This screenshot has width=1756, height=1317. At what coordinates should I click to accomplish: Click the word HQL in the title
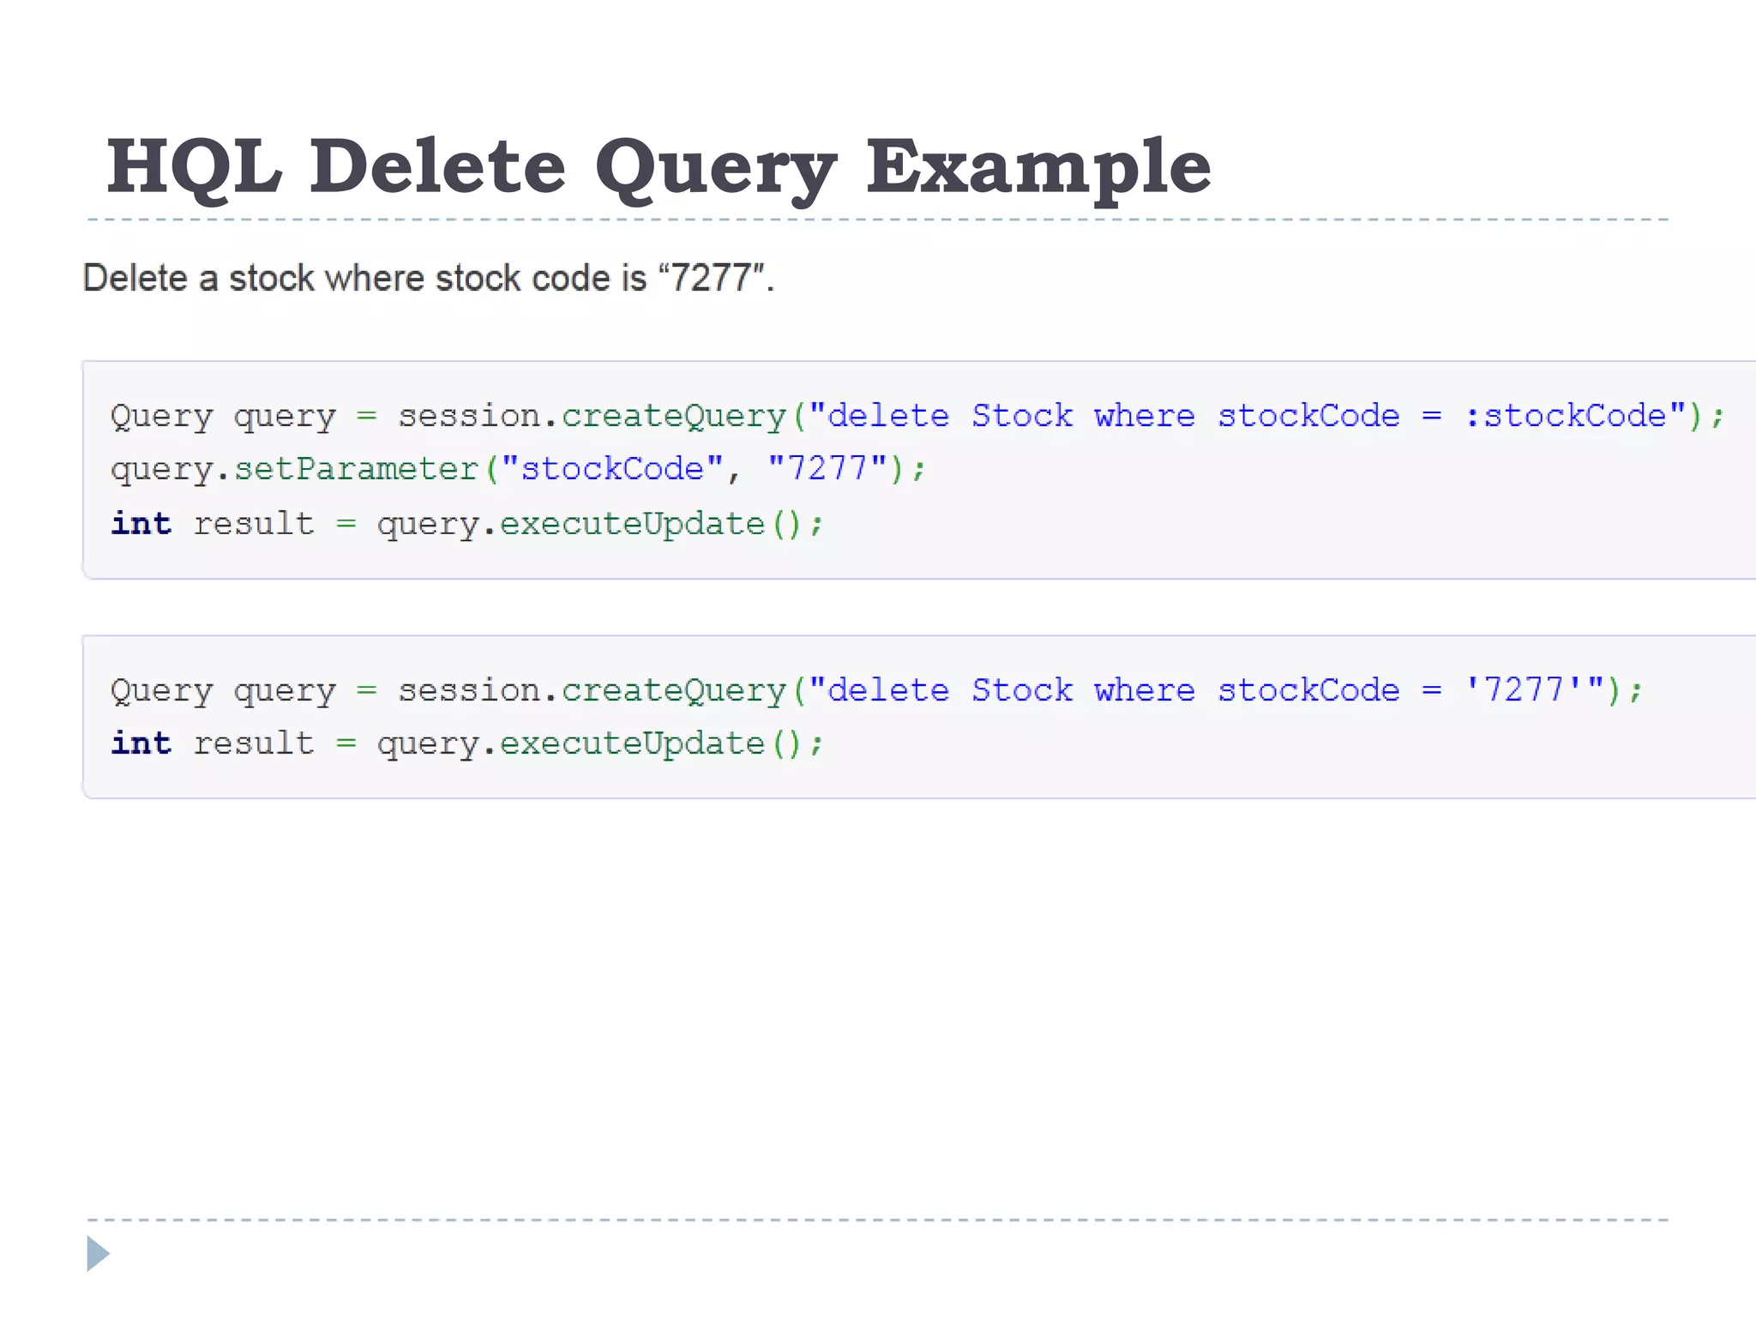194,166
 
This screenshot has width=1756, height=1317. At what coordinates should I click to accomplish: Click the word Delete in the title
437,166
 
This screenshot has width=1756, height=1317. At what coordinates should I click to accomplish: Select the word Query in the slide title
715,168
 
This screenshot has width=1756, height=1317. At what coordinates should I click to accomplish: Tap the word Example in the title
1037,168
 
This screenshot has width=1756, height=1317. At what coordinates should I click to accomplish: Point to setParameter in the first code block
356,469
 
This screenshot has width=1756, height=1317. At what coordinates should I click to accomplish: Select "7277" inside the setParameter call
827,469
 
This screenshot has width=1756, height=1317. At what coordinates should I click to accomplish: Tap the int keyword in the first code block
141,523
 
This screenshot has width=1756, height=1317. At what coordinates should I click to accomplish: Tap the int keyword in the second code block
141,743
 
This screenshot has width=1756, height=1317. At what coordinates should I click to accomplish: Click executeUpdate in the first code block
632,523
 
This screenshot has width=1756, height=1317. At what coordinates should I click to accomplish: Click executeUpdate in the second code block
632,743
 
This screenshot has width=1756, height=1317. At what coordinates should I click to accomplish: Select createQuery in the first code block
673,416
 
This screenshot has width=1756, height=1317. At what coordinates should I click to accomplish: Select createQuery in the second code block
673,690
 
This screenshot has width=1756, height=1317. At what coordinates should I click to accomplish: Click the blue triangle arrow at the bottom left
98,1254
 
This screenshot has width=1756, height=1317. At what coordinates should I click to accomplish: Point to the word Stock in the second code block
1022,690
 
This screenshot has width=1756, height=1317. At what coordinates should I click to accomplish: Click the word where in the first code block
1145,416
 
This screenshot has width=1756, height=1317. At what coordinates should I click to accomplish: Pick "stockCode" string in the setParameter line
612,469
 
